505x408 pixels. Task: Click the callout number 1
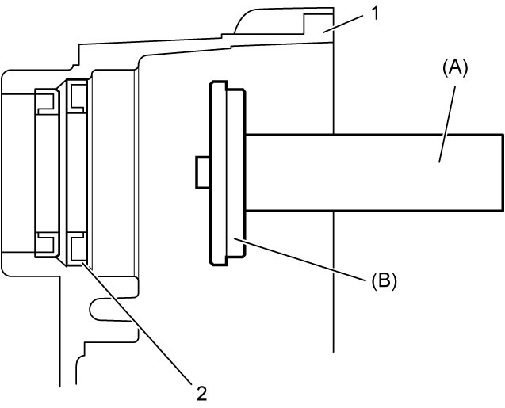coord(373,14)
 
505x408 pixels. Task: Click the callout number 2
coord(202,393)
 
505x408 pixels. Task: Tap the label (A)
coord(455,69)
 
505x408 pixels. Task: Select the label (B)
coord(384,280)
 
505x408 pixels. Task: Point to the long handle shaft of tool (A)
coord(374,173)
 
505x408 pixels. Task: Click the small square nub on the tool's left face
coord(203,172)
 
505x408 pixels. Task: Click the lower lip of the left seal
coord(47,245)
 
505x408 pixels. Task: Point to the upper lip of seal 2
coord(77,96)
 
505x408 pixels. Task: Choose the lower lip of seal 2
coord(77,250)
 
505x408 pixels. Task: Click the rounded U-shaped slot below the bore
coord(111,309)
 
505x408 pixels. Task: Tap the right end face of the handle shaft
coord(503,173)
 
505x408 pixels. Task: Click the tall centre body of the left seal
coord(47,173)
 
